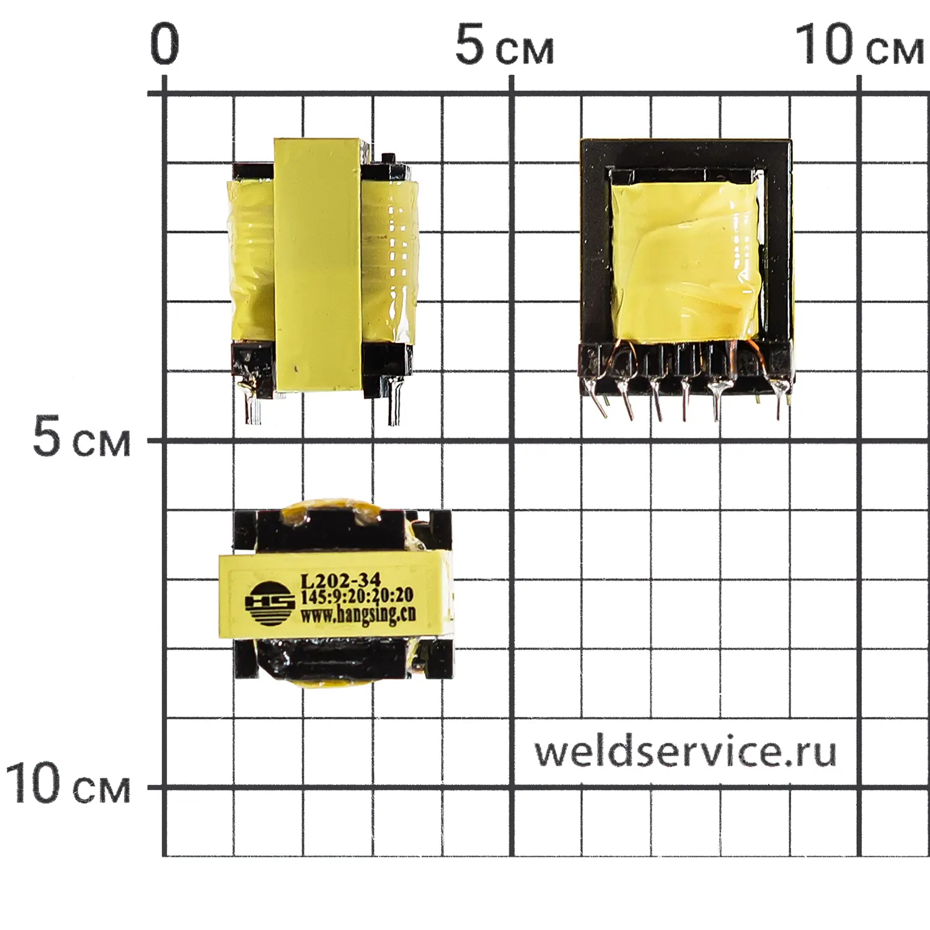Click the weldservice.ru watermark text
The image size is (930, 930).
(x=685, y=751)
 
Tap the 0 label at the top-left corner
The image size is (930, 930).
(x=164, y=44)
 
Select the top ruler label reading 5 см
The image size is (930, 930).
(x=505, y=44)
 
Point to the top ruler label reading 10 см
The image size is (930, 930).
(x=859, y=44)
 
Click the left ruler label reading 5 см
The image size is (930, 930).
(x=82, y=437)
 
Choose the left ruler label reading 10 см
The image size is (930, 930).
(x=68, y=784)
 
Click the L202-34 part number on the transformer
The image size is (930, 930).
(x=340, y=581)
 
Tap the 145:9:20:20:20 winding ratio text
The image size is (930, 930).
(x=356, y=597)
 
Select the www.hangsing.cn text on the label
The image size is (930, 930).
(x=358, y=615)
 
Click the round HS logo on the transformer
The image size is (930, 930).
(x=270, y=603)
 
